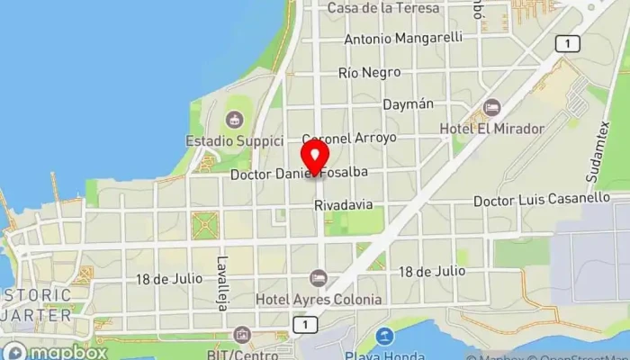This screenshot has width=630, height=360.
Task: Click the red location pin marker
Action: pos(314,156)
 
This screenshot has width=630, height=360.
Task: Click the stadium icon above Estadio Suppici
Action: pos(234,119)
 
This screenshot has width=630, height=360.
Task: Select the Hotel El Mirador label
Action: pos(491,129)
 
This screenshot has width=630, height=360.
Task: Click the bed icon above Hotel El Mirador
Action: pos(491,108)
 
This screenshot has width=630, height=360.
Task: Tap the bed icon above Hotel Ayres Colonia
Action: pos(317,279)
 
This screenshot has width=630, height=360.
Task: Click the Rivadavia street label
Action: pos(343,205)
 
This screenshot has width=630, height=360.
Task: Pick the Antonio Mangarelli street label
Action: pos(403,38)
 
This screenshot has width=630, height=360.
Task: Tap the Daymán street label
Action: pos(408,104)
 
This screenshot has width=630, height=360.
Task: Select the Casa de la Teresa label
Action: pos(383,8)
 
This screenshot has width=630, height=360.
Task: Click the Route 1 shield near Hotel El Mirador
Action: pos(567,43)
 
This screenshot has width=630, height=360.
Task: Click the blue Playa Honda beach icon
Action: pos(385,337)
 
